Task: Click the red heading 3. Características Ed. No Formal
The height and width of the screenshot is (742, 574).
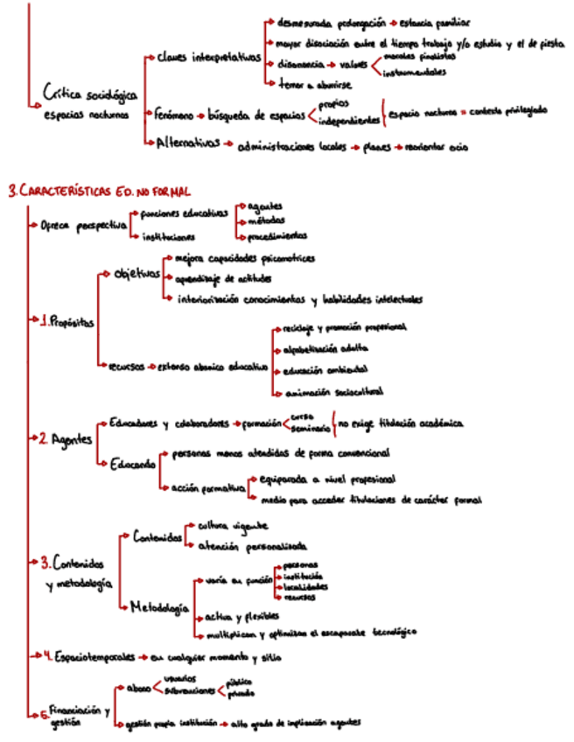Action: [x=98, y=189]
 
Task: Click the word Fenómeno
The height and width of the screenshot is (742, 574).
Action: [x=171, y=114]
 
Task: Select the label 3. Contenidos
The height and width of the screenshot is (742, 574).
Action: [x=76, y=561]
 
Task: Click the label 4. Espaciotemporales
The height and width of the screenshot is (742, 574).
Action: [x=92, y=655]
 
